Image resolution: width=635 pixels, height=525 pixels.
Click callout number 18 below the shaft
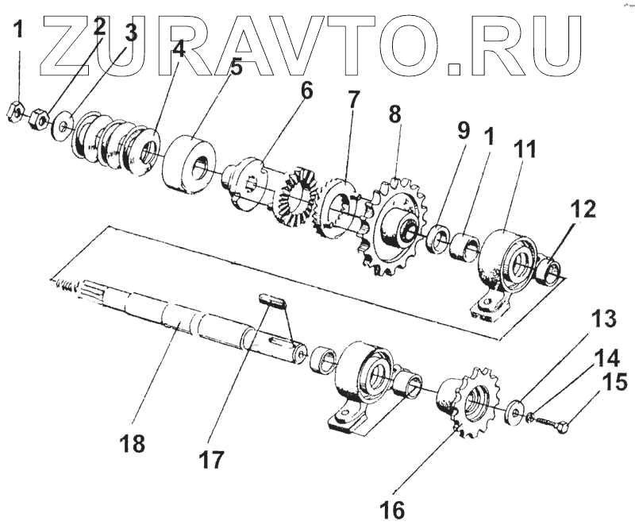(x=134, y=443)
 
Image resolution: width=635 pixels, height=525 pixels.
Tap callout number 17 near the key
(x=211, y=457)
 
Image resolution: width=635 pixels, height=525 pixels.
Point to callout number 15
(x=615, y=384)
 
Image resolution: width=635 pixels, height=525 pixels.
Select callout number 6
(x=306, y=92)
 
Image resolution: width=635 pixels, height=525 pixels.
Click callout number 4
(x=178, y=49)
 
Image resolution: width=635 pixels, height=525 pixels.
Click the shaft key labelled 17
(x=272, y=299)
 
